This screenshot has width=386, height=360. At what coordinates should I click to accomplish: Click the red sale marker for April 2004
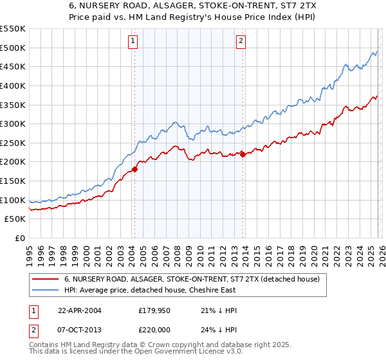(134, 170)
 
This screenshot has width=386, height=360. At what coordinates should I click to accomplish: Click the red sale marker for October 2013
(242, 154)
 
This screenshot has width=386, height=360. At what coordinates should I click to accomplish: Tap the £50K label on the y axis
(15, 219)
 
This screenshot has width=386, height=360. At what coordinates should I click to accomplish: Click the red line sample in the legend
(45, 280)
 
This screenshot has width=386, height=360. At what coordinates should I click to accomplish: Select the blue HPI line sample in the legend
(45, 291)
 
